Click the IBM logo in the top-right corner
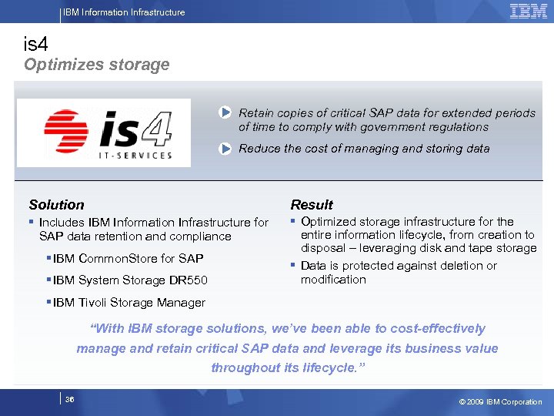pyautogui.click(x=528, y=11)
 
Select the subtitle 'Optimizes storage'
pyautogui.click(x=96, y=65)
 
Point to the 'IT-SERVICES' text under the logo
pyautogui.click(x=136, y=155)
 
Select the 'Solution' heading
pyautogui.click(x=56, y=205)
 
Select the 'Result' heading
pyautogui.click(x=312, y=205)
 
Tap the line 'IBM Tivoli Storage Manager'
pyautogui.click(x=128, y=303)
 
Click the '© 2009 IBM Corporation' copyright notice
pyautogui.click(x=500, y=401)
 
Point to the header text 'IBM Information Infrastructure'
pyautogui.click(x=124, y=12)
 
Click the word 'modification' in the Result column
pyautogui.click(x=333, y=280)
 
